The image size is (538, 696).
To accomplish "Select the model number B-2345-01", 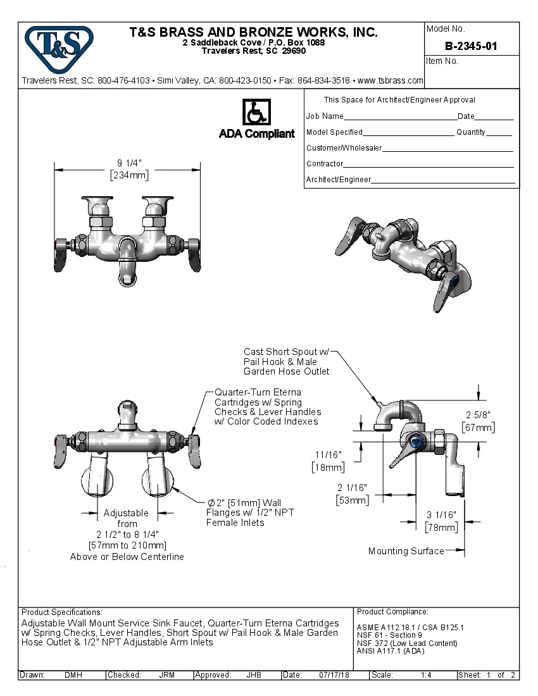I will click(471, 46).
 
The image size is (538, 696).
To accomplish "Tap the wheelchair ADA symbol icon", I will click(256, 112).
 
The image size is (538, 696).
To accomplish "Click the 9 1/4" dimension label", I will click(128, 163).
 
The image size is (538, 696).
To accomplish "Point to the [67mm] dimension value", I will click(480, 428).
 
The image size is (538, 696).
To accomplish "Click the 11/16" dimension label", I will click(328, 454).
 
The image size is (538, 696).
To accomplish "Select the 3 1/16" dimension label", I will click(442, 515).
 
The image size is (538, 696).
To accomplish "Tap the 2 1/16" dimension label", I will click(351, 487).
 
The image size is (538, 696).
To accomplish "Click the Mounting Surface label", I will click(406, 551).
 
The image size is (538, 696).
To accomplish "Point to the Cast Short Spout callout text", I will click(286, 361).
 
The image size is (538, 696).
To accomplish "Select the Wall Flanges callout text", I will click(250, 513).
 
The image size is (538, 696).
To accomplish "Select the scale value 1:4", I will click(426, 675).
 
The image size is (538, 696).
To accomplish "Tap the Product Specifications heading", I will click(61, 612).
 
